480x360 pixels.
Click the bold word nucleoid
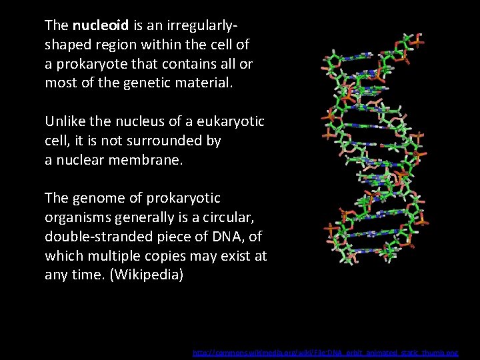click(x=101, y=25)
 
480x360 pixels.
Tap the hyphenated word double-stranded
click(x=94, y=237)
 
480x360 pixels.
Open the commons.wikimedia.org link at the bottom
click(x=325, y=351)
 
